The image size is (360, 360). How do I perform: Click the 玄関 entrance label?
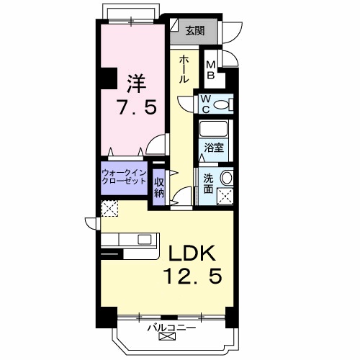pos(194,30)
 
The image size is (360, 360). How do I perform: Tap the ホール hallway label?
pos(184,69)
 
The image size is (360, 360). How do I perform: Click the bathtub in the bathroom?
pos(213,130)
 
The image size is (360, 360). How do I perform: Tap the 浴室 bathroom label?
pos(213,148)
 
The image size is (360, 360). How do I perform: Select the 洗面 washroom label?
pos(208,184)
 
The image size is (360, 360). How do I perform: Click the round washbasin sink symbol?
pos(227,179)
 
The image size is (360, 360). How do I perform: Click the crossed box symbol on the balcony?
pos(167,337)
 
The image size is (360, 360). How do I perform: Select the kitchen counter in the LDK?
pos(130,240)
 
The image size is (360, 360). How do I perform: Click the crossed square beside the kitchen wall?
pos(109,210)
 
